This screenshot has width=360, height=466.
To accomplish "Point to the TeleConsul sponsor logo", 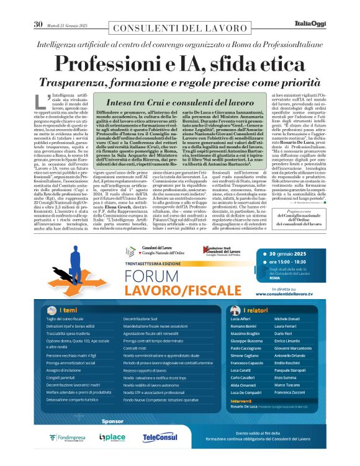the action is coord(160,437).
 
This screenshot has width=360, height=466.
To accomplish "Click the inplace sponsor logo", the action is coord(112,437).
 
